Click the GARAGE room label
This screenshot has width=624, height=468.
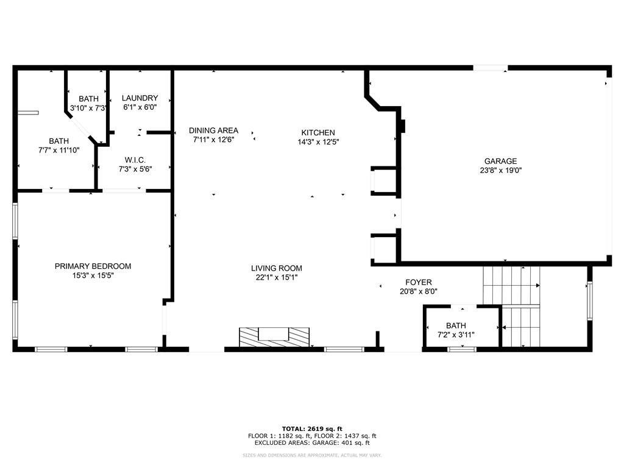[501, 161]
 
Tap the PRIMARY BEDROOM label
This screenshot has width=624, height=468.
[93, 266]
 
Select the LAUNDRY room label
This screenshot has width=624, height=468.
[140, 98]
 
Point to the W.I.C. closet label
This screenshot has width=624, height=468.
[135, 160]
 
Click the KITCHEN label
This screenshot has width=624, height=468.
[318, 132]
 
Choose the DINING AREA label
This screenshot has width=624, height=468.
[213, 130]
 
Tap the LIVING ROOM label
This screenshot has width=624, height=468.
[277, 268]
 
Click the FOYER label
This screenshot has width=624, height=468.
[418, 282]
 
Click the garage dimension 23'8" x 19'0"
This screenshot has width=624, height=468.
[501, 171]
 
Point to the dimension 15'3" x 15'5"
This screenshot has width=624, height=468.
[93, 275]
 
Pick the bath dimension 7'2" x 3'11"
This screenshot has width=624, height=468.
[456, 335]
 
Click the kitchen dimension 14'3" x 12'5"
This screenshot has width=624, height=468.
[318, 141]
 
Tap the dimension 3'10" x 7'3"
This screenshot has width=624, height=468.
[88, 108]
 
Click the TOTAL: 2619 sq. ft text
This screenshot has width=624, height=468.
[312, 428]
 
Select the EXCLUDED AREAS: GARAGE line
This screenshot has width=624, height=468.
[312, 442]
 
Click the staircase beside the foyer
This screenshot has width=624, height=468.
[511, 307]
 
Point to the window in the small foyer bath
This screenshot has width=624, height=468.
[462, 349]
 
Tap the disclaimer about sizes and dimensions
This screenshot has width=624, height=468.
[312, 455]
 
